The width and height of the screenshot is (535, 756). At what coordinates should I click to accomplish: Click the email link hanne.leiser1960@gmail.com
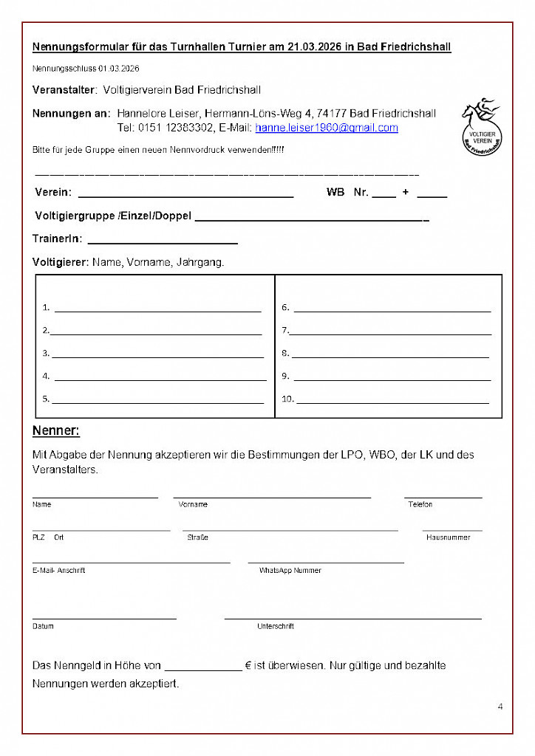coord(327,128)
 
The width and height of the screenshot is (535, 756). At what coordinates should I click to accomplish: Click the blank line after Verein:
coord(185,196)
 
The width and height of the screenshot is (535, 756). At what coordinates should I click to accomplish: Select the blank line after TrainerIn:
coord(163,242)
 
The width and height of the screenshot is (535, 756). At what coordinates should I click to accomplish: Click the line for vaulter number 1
coord(157,311)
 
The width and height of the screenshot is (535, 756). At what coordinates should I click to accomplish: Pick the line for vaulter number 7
coord(390,334)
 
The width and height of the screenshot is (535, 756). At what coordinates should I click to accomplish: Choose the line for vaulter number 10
coord(392,403)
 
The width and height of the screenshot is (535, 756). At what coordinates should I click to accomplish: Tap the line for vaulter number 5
coord(157,403)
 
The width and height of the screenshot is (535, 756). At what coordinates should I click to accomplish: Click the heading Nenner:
coord(56,430)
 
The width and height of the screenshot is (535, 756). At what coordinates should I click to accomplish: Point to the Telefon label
coord(420,504)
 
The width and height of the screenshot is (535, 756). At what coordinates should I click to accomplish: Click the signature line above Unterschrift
coord(352,617)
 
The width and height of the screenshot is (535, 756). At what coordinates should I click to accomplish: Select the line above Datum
coord(104,617)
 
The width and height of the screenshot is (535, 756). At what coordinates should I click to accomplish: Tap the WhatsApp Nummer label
coord(290,571)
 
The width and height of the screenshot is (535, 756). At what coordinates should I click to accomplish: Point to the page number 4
coord(500,707)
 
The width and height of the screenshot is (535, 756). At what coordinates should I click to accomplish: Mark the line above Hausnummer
coord(452,529)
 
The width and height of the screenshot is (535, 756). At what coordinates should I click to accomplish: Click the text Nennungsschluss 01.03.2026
coord(86,69)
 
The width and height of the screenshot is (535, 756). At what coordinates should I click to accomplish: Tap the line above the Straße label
coord(290,529)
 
